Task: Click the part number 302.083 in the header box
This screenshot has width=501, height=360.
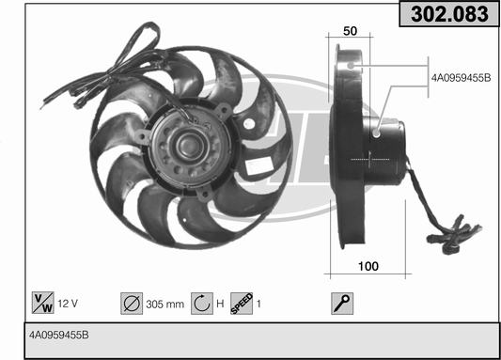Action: coord(449,14)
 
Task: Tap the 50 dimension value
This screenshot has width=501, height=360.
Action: coord(350,31)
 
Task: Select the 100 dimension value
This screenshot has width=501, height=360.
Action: coord(368,266)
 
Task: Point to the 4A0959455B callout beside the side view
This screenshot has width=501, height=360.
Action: coord(462,78)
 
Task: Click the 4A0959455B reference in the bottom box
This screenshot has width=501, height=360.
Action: coord(59,335)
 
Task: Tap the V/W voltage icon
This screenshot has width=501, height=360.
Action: coord(43,303)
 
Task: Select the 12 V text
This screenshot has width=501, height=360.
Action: coord(68,304)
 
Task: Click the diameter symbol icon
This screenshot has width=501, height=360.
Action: coord(132,304)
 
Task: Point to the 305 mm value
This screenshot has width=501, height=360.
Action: coord(164,304)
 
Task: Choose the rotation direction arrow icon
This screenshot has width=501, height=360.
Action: coord(202,304)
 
